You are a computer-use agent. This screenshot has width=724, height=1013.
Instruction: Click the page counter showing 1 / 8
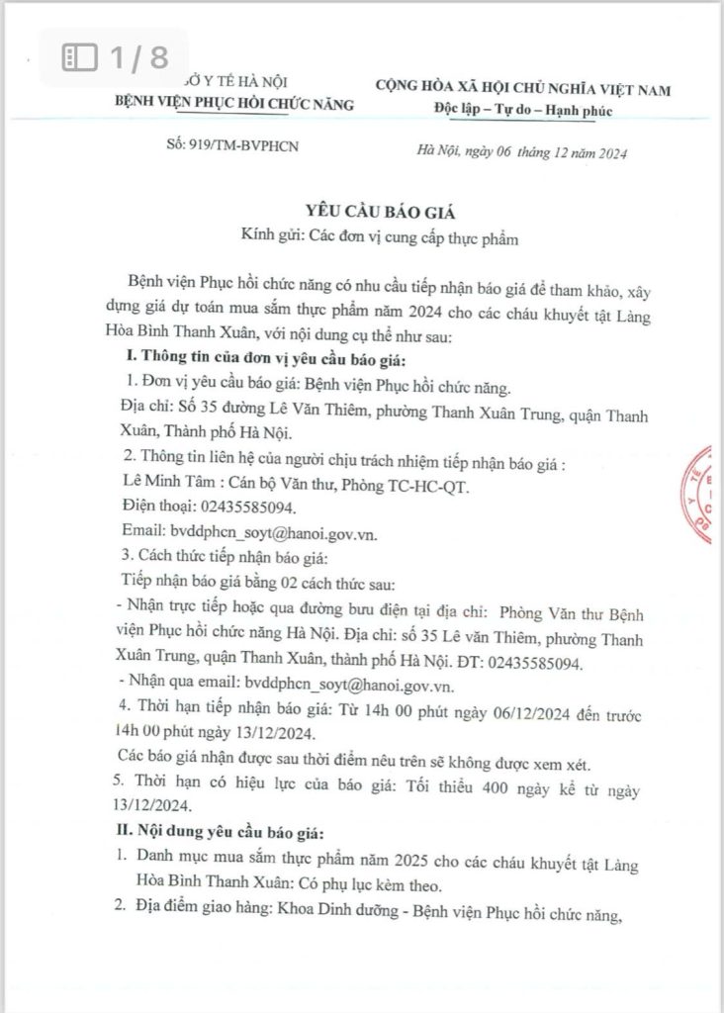116,58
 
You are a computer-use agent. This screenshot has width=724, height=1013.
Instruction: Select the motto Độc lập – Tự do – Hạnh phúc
523,109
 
